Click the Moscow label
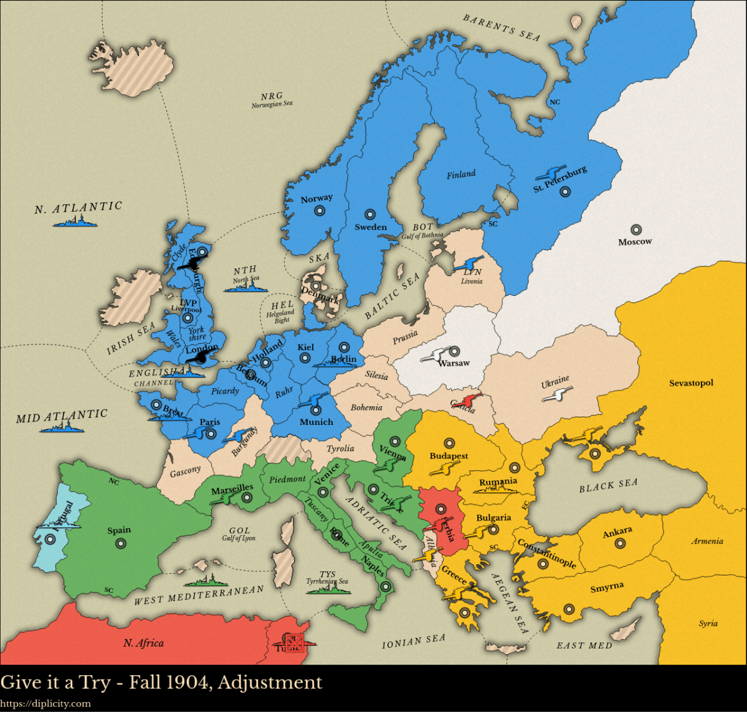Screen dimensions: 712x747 click(635, 242)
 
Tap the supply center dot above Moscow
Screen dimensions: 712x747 click(635, 230)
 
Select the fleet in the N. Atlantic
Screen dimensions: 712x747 click(77, 222)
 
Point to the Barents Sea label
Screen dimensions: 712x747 click(501, 28)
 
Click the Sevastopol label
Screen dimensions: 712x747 click(691, 383)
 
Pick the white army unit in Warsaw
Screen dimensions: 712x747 click(436, 356)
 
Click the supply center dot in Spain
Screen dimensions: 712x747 click(120, 544)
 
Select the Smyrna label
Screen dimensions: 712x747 click(607, 587)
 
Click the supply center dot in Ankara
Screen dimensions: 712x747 click(620, 544)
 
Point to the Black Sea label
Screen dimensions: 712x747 click(608, 485)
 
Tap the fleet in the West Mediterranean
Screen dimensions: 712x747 click(202, 582)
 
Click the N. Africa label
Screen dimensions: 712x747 click(143, 643)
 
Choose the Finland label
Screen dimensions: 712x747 click(461, 175)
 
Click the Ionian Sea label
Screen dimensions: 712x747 click(414, 642)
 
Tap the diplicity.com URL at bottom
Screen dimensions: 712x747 click(45, 704)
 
